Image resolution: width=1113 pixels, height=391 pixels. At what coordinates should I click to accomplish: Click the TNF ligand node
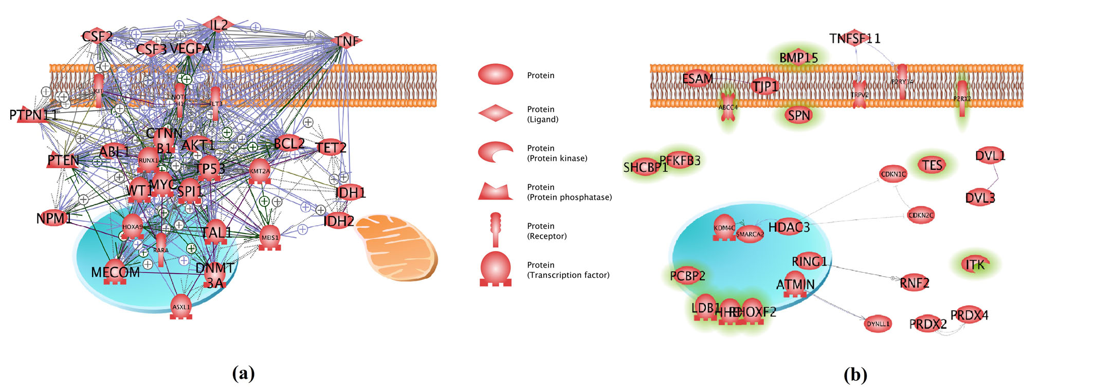pyautogui.click(x=347, y=41)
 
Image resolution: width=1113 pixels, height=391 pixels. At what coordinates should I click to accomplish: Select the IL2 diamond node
pyautogui.click(x=218, y=24)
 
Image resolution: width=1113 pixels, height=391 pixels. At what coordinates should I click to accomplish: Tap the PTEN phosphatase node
pyautogui.click(x=63, y=161)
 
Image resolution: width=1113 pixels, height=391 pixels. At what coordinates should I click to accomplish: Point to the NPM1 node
pyautogui.click(x=53, y=218)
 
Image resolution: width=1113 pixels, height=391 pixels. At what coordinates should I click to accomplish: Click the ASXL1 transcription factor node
pyautogui.click(x=181, y=307)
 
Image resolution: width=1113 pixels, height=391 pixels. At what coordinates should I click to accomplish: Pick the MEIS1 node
pyautogui.click(x=270, y=237)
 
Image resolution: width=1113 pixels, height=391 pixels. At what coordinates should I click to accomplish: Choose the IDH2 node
pyautogui.click(x=339, y=221)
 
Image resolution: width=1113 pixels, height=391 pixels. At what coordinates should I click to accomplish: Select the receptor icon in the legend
pyautogui.click(x=496, y=230)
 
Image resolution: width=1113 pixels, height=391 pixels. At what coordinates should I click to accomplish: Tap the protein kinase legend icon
pyautogui.click(x=496, y=152)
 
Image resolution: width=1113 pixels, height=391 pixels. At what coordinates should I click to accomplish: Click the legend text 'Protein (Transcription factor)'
pyautogui.click(x=568, y=270)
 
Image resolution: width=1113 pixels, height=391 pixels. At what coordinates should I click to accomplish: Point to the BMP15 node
pyautogui.click(x=798, y=58)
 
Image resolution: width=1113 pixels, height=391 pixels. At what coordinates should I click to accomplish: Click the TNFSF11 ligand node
pyautogui.click(x=854, y=38)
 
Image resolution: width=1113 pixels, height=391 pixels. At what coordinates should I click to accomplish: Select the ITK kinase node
pyautogui.click(x=975, y=264)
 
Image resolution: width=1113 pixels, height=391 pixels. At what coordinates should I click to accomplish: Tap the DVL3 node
pyautogui.click(x=980, y=198)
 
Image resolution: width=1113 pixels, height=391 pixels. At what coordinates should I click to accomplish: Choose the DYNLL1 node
pyautogui.click(x=878, y=324)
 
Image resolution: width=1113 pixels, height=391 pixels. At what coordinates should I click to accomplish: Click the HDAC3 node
pyautogui.click(x=789, y=227)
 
